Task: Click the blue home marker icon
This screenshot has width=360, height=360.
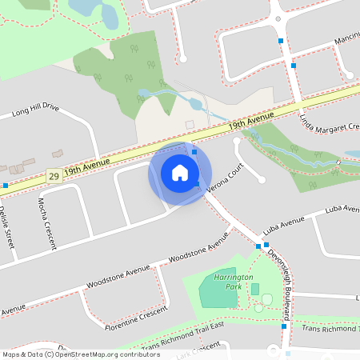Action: [180, 173]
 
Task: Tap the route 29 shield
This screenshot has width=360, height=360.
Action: [54, 175]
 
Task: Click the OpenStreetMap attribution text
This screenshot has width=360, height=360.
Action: [82, 354]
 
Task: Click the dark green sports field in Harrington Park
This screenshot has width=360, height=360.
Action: [218, 287]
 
